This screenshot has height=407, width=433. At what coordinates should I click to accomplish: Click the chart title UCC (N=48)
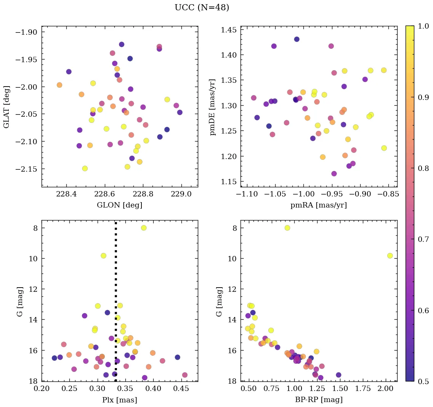coord(202,8)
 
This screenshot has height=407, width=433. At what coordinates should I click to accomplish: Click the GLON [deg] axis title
coord(119,205)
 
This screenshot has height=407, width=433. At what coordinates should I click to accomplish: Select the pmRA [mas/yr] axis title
coord(319,205)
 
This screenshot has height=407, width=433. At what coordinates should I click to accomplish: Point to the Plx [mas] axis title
coord(119,400)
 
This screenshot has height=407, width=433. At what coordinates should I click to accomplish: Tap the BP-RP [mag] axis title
coord(319,400)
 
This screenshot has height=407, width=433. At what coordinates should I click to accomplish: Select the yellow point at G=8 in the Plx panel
coord(144,228)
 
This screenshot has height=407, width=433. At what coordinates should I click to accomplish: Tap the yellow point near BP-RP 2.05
coord(390,256)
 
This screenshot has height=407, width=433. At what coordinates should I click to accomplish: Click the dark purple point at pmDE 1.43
coord(297,39)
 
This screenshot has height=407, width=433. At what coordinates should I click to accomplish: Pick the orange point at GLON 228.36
coord(59,85)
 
